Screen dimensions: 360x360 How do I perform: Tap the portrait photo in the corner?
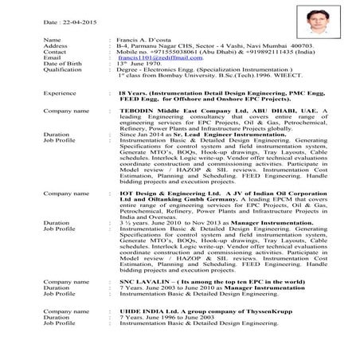(316, 23)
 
